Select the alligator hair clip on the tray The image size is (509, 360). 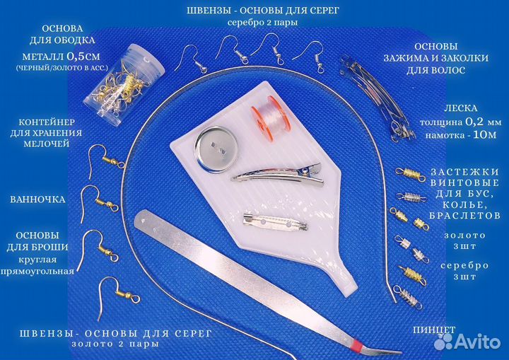pyautogui.click(x=278, y=175)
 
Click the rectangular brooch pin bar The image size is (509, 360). pyautogui.click(x=275, y=223)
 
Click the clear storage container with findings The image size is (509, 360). pyautogui.click(x=124, y=84)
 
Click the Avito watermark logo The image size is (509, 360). pyautogui.click(x=467, y=341)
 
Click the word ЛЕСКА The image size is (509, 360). pyautogui.click(x=461, y=108)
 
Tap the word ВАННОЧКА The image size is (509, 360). pyautogui.click(x=37, y=199)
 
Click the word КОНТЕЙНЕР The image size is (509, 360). pyautogui.click(x=47, y=122)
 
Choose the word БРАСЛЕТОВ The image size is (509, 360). pyautogui.click(x=464, y=216)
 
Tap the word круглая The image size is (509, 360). pyautogui.click(x=37, y=260)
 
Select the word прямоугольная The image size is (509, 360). pyautogui.click(x=37, y=272)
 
